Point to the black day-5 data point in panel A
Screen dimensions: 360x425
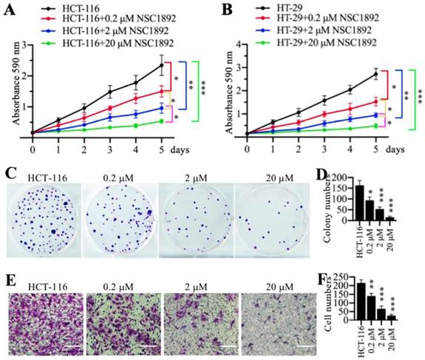(x=161, y=64)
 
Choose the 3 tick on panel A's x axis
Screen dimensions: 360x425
(x=109, y=147)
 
